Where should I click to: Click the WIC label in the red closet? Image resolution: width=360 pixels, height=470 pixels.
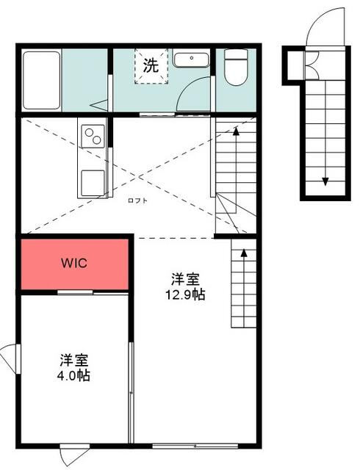click(x=73, y=263)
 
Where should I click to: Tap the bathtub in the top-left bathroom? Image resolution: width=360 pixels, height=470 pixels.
click(x=40, y=79)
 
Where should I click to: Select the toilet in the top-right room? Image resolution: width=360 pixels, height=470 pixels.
click(x=235, y=68)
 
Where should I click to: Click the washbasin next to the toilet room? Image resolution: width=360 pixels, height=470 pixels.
click(x=192, y=58)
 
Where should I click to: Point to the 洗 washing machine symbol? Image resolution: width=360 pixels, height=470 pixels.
click(x=151, y=65)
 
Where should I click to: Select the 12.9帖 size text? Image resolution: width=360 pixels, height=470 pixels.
click(x=186, y=295)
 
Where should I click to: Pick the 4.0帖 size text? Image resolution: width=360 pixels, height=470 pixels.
click(x=75, y=375)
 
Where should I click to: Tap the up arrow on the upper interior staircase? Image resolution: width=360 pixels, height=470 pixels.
click(x=237, y=131)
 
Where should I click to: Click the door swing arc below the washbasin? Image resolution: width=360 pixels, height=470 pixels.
click(x=191, y=95)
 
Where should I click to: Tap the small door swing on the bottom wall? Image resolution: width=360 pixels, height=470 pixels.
click(x=73, y=457)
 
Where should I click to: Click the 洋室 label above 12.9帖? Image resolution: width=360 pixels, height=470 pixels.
click(x=186, y=280)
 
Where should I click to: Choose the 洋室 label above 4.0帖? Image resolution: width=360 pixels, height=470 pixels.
click(x=75, y=360)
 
